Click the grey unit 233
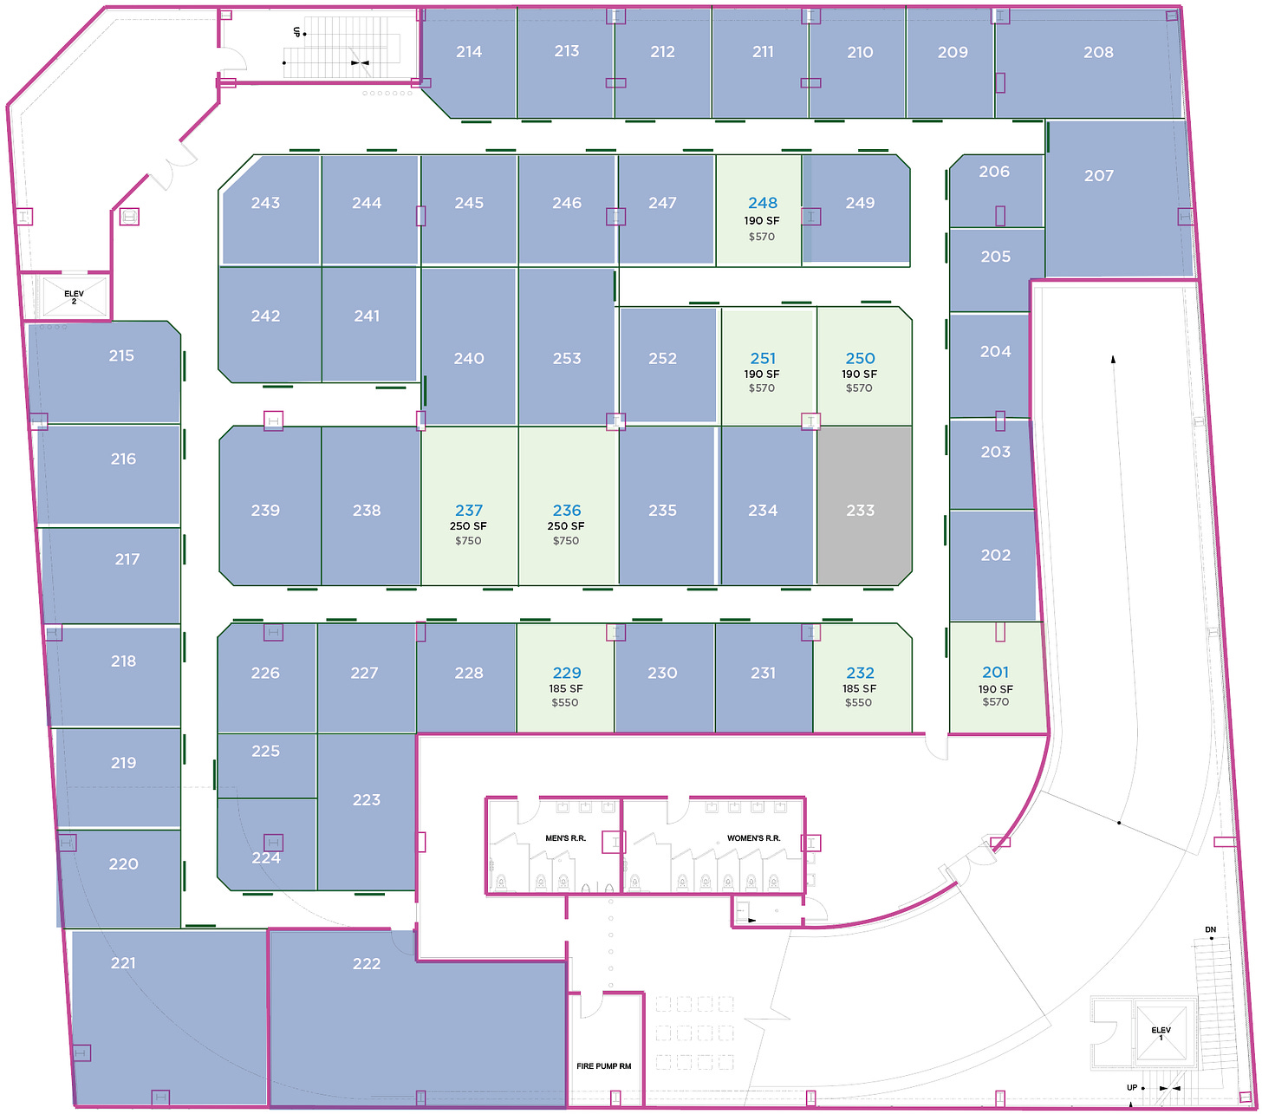coord(864,505)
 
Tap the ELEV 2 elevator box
coord(75,296)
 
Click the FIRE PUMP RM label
coord(603,1066)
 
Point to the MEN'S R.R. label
coord(566,838)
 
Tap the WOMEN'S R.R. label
coord(754,838)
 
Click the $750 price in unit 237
coord(468,541)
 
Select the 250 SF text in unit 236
coord(566,526)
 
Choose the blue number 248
coord(763,203)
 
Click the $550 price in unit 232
coord(858,702)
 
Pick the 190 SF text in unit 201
coord(995,689)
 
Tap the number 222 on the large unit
coord(367,964)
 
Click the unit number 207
coord(1099,176)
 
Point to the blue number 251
coord(763,358)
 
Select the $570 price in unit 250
coord(859,388)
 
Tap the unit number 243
coord(265,203)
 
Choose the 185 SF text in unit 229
coord(566,688)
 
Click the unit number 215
coord(121,355)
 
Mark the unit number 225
coord(265,751)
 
